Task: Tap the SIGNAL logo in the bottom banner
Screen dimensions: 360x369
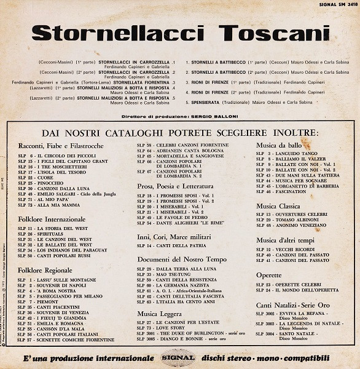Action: (178, 358)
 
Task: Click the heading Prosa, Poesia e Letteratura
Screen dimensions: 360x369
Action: (175, 186)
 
